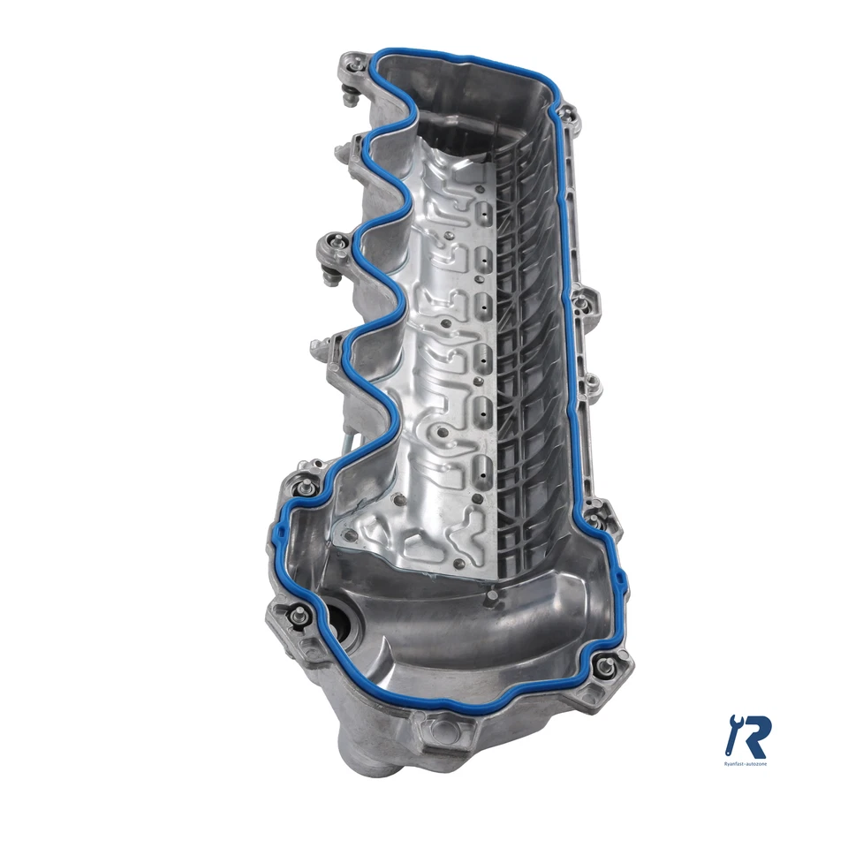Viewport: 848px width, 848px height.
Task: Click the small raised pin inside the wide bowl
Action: (487, 603)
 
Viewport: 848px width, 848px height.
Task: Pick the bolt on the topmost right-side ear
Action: (567, 112)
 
